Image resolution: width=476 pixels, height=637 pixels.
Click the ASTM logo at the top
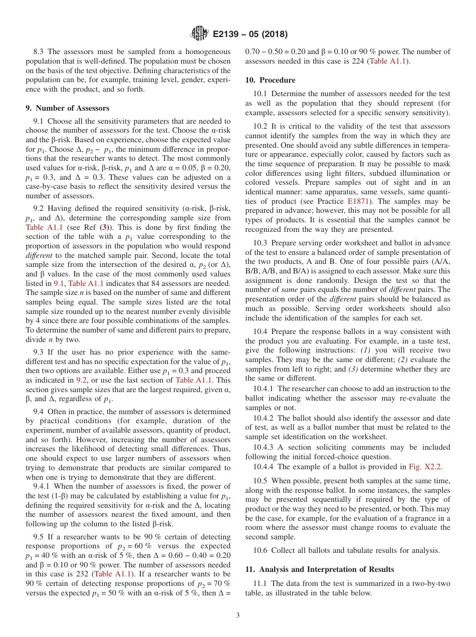[x=199, y=34]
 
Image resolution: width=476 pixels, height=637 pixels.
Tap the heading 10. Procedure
[x=270, y=80]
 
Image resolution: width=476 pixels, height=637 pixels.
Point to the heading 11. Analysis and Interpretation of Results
[x=319, y=569]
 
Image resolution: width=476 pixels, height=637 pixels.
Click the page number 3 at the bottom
[x=237, y=615]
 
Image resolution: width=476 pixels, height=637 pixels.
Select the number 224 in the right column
[x=358, y=61]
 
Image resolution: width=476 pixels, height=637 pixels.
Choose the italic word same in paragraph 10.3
[x=290, y=289]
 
